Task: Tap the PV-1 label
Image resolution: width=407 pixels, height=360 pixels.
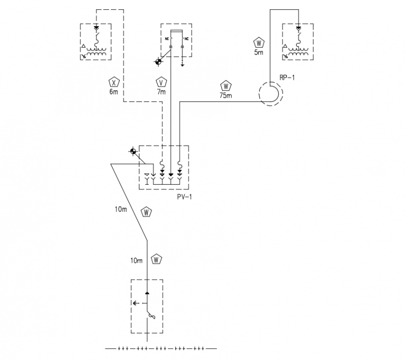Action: [184, 197]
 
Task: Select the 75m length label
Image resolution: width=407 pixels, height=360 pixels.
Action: [225, 95]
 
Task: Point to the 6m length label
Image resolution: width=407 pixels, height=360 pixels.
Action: [114, 92]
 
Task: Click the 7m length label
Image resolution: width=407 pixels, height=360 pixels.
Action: [161, 92]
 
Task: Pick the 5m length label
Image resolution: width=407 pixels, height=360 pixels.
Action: [259, 53]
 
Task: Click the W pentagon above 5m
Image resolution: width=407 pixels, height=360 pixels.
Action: [259, 43]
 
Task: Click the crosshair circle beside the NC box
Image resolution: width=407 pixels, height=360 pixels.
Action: [159, 62]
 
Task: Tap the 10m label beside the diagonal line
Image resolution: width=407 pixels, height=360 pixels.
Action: [121, 209]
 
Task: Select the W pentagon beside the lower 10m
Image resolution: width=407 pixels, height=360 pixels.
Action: [157, 259]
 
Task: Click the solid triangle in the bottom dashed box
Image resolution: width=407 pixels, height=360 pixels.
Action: [147, 293]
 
